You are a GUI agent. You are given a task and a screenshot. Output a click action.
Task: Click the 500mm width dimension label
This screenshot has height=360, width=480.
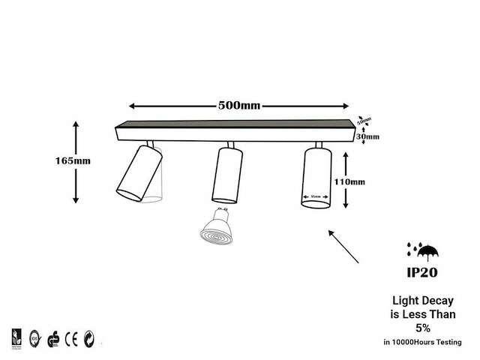tap(239, 105)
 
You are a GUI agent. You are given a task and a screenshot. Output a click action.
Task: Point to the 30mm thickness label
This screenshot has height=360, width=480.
tap(367, 136)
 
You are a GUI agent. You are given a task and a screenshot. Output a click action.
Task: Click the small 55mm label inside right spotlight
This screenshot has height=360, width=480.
tap(316, 199)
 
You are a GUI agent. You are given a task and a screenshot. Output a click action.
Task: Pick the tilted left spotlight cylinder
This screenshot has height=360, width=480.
tap(137, 173)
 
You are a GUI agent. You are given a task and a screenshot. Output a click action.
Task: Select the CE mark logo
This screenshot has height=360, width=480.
tap(71, 337)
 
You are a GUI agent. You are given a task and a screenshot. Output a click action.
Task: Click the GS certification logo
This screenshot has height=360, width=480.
tap(52, 337)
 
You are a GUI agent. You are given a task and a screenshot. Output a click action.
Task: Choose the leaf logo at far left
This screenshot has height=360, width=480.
tap(16, 337)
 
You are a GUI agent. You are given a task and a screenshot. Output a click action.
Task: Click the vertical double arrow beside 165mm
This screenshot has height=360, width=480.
tap(76, 161)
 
